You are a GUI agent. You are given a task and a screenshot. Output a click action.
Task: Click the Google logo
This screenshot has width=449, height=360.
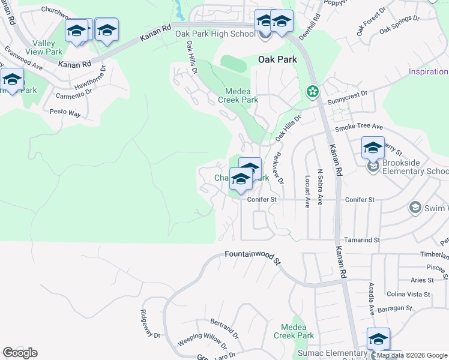point(20,353)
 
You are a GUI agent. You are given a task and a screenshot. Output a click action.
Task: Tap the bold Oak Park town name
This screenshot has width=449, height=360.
point(277,59)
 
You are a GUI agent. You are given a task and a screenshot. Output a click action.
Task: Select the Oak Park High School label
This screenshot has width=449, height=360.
point(215,34)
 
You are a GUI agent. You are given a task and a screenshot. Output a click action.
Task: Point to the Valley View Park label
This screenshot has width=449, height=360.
point(47,47)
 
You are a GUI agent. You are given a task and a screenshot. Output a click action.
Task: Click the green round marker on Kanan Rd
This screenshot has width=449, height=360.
point(312,92)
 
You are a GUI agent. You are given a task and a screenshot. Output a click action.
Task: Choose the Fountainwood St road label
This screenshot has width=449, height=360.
point(253,257)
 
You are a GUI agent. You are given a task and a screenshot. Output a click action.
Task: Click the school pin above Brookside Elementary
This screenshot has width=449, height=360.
point(373,147)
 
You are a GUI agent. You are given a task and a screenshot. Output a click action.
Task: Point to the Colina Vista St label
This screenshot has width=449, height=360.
point(410,294)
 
